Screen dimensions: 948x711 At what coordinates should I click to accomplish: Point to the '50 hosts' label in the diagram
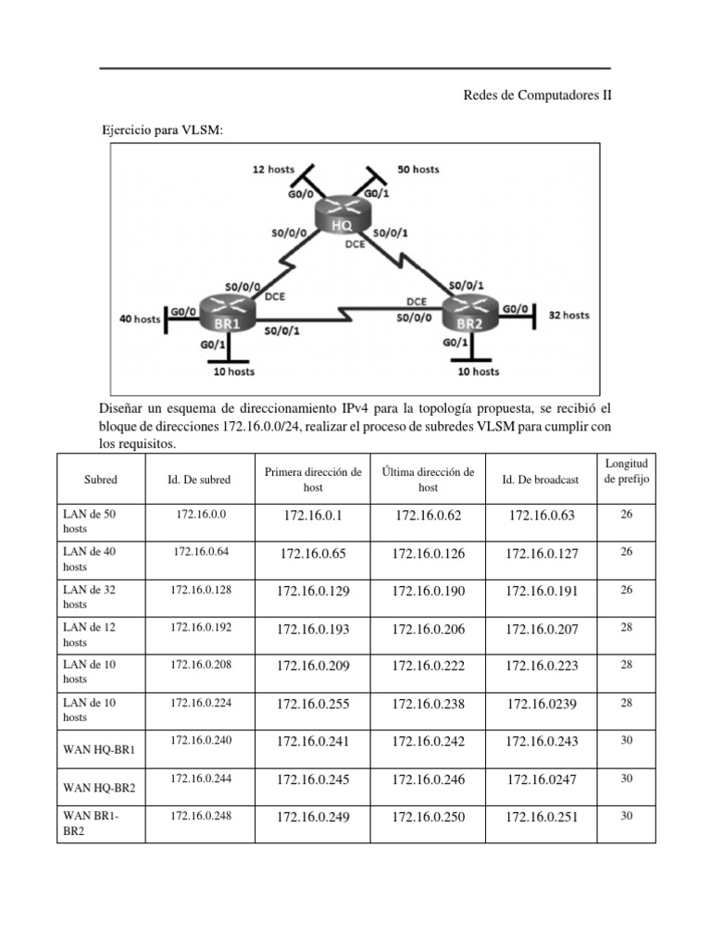(418, 169)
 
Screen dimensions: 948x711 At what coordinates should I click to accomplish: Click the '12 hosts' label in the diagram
(273, 169)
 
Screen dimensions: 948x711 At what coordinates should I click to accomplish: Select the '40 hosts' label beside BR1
(140, 319)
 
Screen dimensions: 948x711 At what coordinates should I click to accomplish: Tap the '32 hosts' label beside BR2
(568, 315)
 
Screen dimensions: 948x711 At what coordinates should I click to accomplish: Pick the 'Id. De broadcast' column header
(541, 480)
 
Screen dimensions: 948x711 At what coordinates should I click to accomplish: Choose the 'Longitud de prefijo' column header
(627, 470)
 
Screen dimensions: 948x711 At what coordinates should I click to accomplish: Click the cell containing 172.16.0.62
(428, 516)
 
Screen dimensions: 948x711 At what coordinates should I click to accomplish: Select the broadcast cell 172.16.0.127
(541, 554)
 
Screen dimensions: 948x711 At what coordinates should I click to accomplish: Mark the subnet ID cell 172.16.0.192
(201, 627)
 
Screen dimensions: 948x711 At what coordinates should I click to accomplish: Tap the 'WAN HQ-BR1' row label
(99, 748)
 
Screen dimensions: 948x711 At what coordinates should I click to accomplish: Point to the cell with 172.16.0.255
(313, 705)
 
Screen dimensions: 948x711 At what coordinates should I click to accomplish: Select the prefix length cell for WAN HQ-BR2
(627, 779)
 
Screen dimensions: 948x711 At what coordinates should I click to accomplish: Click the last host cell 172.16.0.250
(428, 817)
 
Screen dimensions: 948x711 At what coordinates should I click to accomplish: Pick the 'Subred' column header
(100, 480)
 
